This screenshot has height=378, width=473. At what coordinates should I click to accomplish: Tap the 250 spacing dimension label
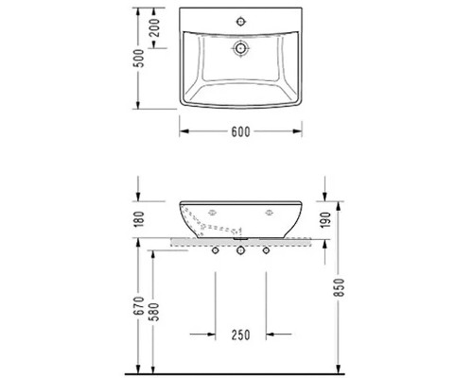pyautogui.click(x=240, y=335)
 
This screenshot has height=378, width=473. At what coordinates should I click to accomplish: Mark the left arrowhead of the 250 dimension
pyautogui.click(x=212, y=334)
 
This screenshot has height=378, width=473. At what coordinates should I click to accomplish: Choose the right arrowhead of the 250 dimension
pyautogui.click(x=269, y=334)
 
